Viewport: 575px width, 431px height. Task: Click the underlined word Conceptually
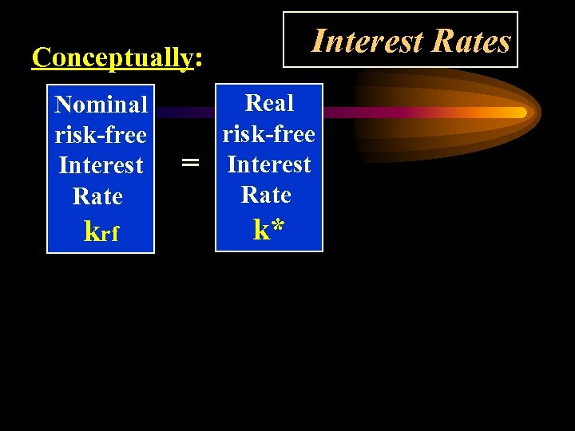[x=112, y=57]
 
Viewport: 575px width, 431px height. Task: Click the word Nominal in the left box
[x=101, y=105]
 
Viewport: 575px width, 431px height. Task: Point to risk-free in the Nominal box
[x=101, y=135]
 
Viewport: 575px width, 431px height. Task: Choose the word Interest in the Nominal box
[x=101, y=165]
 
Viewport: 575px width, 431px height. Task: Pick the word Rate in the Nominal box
[x=97, y=196]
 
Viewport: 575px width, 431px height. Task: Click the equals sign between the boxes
[x=189, y=164]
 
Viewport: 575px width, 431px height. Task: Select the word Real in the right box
[x=269, y=103]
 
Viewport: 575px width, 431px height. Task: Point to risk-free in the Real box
[x=269, y=133]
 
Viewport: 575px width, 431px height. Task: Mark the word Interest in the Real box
[x=269, y=164]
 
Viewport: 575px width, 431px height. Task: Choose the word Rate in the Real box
[x=266, y=194]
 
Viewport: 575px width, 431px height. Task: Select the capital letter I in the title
[x=317, y=40]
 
